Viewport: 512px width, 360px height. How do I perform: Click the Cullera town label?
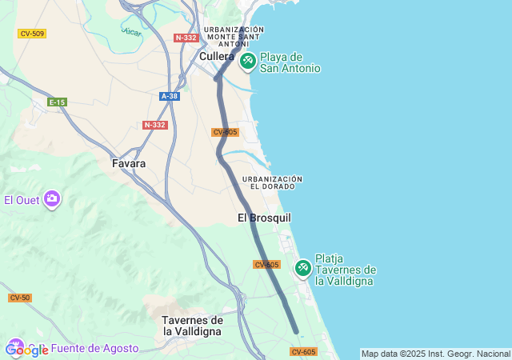pyautogui.click(x=216, y=56)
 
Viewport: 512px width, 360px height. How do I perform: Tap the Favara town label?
pyautogui.click(x=129, y=163)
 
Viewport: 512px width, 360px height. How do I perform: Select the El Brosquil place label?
pyautogui.click(x=264, y=218)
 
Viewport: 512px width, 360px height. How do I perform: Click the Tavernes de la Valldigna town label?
pyautogui.click(x=193, y=325)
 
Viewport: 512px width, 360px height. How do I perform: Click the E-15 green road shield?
pyautogui.click(x=57, y=102)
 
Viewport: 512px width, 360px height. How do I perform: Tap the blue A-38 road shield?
pyautogui.click(x=170, y=96)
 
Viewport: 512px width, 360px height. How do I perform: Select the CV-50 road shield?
pyautogui.click(x=20, y=298)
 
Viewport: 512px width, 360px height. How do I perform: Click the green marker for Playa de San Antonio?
pyautogui.click(x=247, y=60)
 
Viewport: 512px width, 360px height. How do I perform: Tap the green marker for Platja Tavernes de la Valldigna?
pyautogui.click(x=303, y=267)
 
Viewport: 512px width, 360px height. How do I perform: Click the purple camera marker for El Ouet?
pyautogui.click(x=52, y=198)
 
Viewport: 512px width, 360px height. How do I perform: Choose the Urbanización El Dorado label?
pyautogui.click(x=272, y=182)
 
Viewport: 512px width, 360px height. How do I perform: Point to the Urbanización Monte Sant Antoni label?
pyautogui.click(x=234, y=36)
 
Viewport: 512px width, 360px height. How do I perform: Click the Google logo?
pyautogui.click(x=26, y=350)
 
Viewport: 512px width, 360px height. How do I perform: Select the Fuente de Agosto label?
pyautogui.click(x=94, y=348)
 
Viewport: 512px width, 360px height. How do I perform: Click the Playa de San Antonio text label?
pyautogui.click(x=290, y=62)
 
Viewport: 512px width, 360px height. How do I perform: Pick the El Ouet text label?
pyautogui.click(x=22, y=200)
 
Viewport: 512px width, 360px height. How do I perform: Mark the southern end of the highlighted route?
pyautogui.click(x=296, y=331)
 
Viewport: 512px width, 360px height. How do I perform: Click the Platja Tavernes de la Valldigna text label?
pyautogui.click(x=346, y=270)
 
